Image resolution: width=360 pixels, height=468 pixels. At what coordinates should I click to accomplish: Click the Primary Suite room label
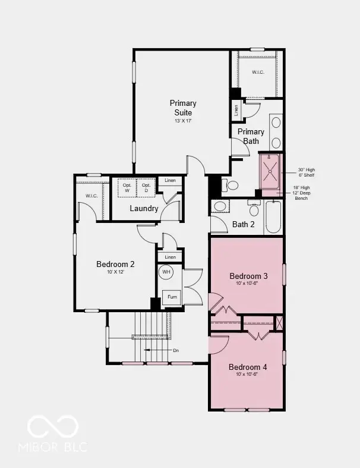point(182,108)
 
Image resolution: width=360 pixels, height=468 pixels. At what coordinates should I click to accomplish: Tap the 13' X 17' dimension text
point(182,121)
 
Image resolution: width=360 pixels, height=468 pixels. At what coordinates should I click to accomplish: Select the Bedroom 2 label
point(115,264)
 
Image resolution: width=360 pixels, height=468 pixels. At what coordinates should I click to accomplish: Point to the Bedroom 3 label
point(248,276)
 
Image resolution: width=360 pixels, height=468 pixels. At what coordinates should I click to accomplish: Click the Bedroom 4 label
point(248,367)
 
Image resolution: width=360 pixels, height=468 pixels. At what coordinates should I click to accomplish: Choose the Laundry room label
point(144,208)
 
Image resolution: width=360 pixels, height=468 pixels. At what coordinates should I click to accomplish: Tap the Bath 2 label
point(244,224)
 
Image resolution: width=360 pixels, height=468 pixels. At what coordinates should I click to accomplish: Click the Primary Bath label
point(251,136)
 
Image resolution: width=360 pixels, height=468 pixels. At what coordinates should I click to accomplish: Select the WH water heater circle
point(167,272)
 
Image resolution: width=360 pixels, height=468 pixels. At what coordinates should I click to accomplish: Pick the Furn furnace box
point(172,296)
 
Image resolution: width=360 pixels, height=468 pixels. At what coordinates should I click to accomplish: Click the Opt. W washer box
point(127,188)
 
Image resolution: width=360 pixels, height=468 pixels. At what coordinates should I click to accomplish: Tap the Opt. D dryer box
point(146,188)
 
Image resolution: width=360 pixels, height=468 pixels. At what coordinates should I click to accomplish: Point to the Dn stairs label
point(176,351)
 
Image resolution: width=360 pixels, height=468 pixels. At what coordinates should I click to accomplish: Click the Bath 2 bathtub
point(274,218)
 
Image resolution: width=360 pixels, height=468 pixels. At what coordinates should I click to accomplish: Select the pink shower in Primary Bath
point(270,172)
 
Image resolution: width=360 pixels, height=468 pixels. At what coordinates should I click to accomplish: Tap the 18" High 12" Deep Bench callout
point(301,193)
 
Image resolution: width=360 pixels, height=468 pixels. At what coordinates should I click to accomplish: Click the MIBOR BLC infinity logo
point(53,426)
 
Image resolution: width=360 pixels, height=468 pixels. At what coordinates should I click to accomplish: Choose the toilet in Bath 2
point(254,209)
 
